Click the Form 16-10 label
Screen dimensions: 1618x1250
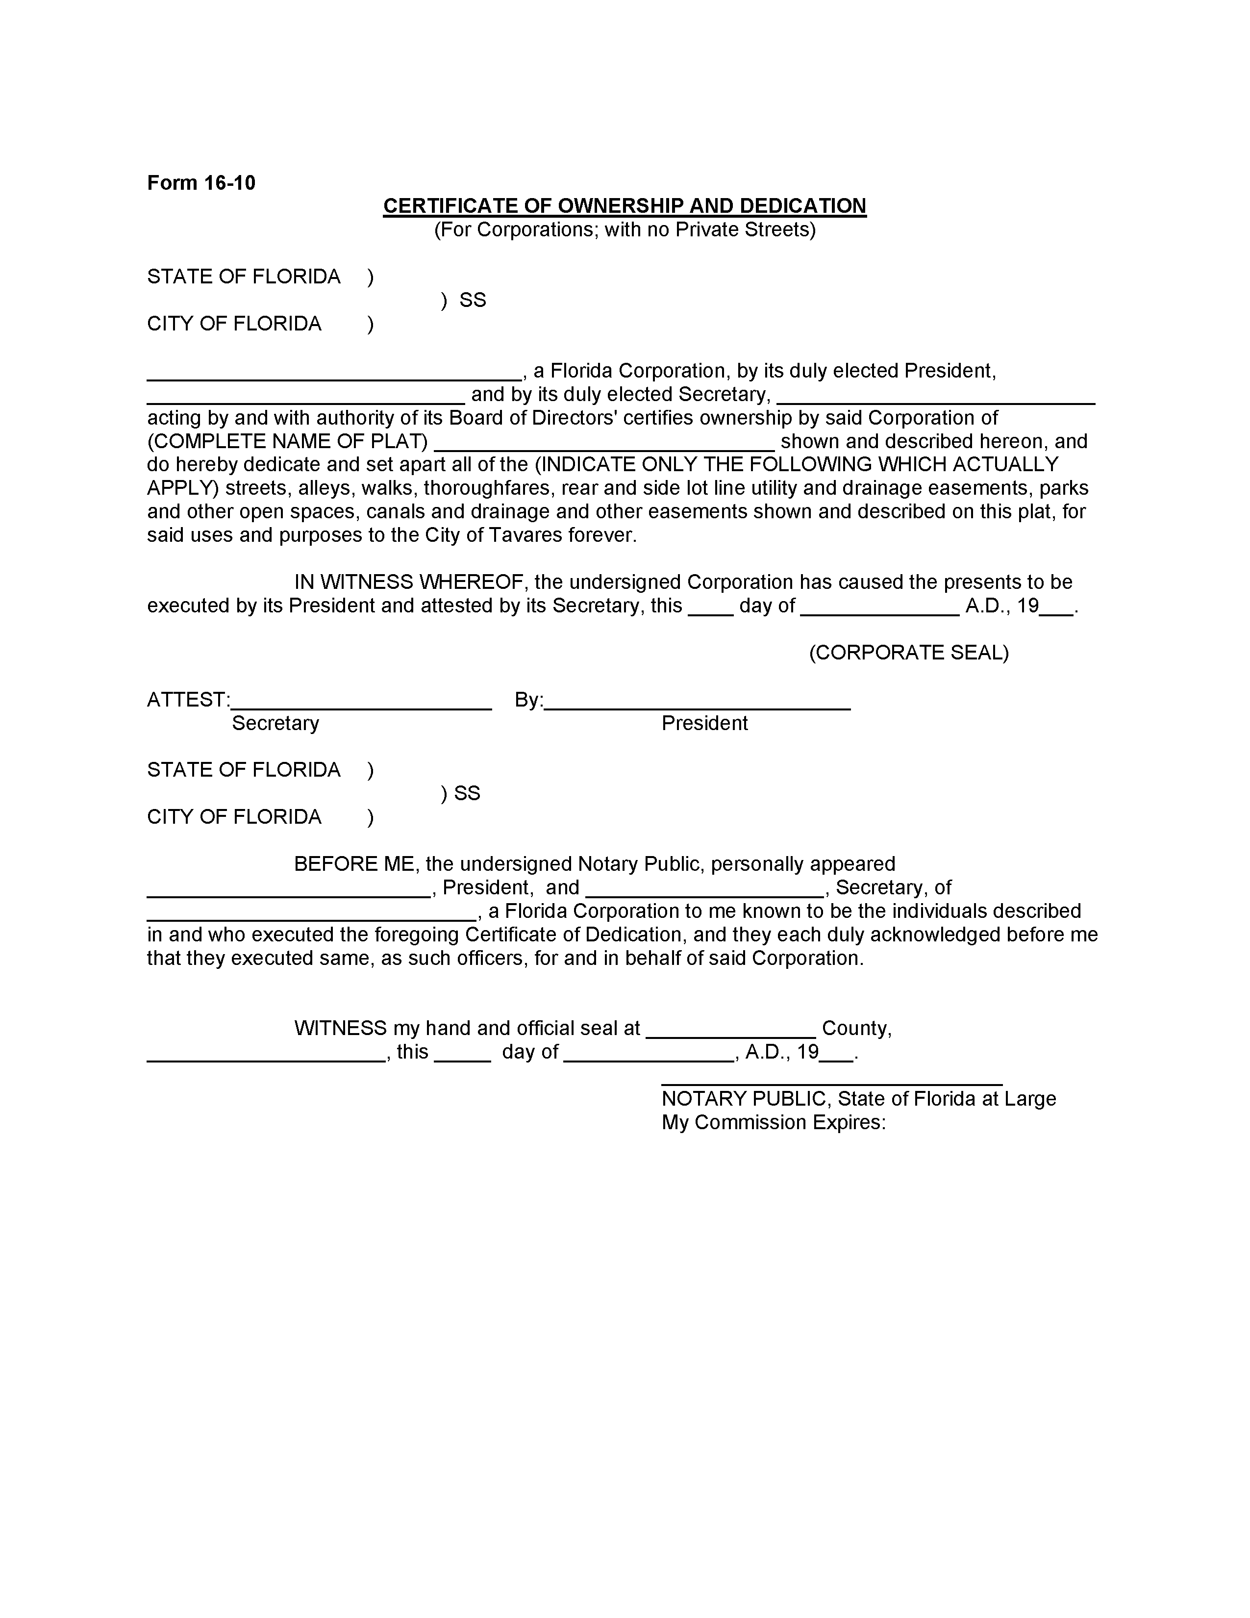[200, 183]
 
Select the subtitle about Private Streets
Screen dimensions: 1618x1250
[624, 229]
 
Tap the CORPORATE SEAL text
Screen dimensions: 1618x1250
[909, 653]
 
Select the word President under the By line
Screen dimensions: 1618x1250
[704, 723]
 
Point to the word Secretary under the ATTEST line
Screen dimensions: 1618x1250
[275, 723]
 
